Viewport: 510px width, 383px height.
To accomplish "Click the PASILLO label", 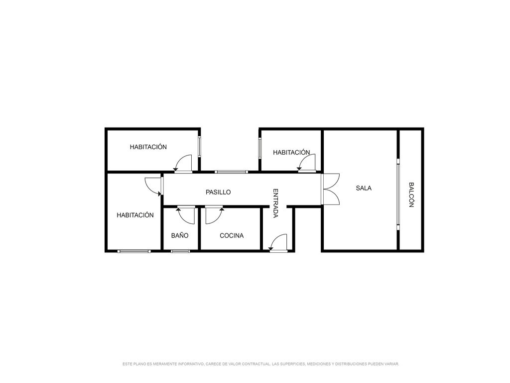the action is pos(218,192).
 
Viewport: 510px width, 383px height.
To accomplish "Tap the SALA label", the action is pos(363,188).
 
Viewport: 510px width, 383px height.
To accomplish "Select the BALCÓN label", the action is pos(411,195).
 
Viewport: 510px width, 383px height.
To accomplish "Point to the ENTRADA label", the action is pos(275,203).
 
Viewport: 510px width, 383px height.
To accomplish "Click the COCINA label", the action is pos(232,235).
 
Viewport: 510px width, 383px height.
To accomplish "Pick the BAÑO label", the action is pos(179,235).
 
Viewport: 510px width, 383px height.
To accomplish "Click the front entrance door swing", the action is pos(278,243).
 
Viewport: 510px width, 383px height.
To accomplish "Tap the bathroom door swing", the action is pos(186,215).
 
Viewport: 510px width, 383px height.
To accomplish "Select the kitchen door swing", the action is pos(214,215).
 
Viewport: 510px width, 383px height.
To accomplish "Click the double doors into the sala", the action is pos(330,189).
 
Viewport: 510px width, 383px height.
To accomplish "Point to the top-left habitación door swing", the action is pos(183,163).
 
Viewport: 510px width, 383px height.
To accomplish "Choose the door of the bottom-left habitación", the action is pos(153,187).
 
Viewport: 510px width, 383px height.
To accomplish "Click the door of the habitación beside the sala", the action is pos(307,163).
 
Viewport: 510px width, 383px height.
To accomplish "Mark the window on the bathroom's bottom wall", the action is pos(180,251).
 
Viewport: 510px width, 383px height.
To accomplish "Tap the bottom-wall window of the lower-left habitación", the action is pos(134,251).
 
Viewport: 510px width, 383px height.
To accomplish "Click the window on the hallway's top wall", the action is pos(231,172).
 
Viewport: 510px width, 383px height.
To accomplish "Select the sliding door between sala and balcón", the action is pos(398,194).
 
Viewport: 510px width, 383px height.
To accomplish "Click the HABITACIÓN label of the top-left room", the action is pos(148,147).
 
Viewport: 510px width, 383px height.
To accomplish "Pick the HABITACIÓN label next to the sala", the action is pos(291,152).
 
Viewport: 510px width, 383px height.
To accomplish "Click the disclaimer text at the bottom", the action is pos(261,364).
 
